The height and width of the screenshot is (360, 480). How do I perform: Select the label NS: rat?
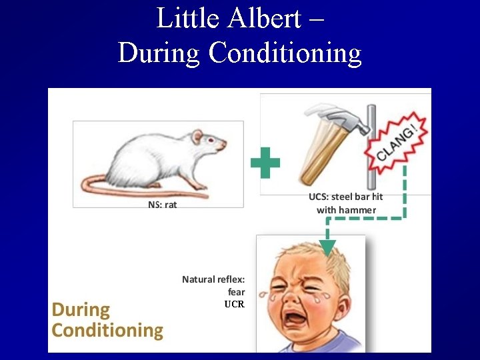(162, 205)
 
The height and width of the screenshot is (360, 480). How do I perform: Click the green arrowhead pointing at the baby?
(327, 247)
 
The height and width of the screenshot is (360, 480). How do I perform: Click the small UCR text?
(234, 304)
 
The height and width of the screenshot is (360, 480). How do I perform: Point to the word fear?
(236, 291)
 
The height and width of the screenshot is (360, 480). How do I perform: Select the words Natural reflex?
(213, 279)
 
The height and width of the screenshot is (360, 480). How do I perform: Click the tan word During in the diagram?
(81, 310)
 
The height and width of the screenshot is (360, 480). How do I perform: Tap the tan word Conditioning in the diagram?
(107, 330)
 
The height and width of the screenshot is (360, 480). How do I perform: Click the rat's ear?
(197, 137)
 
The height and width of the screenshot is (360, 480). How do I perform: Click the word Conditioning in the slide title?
(285, 53)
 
